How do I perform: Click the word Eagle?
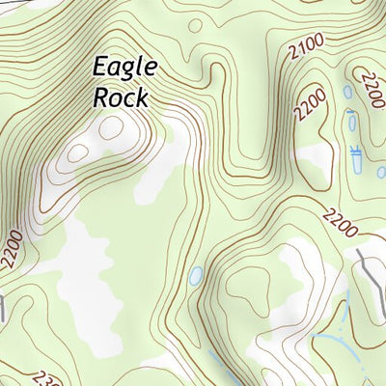[x=124, y=68]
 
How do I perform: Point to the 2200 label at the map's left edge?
[x=12, y=246]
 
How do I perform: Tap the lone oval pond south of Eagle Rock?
[x=196, y=277]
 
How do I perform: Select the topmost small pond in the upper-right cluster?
[x=347, y=93]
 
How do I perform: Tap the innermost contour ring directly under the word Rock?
[x=110, y=127]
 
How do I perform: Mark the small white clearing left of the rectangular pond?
[x=314, y=154]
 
